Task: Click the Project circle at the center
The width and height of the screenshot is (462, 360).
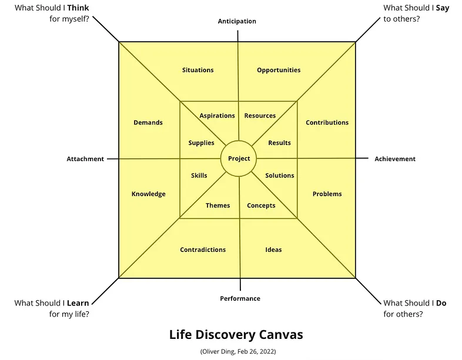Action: pyautogui.click(x=239, y=159)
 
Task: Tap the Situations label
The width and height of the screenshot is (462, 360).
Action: pyautogui.click(x=198, y=70)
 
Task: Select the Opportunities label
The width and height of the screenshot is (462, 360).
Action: pyautogui.click(x=279, y=70)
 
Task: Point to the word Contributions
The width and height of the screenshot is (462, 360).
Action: pyautogui.click(x=327, y=123)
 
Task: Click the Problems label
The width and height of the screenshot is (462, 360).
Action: pyautogui.click(x=327, y=194)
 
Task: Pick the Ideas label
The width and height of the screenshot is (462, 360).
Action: pyautogui.click(x=273, y=250)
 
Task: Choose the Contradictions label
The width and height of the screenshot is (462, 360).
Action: pyautogui.click(x=203, y=250)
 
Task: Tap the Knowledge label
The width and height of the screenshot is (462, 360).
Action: pyautogui.click(x=149, y=194)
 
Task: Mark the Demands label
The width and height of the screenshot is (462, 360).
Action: pyautogui.click(x=148, y=123)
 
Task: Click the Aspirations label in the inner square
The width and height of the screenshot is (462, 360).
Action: pyautogui.click(x=217, y=116)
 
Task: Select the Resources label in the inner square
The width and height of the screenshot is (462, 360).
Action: pyautogui.click(x=260, y=116)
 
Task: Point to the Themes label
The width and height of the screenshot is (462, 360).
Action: pyautogui.click(x=217, y=206)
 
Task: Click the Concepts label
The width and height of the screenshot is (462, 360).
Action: pyautogui.click(x=261, y=206)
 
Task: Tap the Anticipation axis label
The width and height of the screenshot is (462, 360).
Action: pyautogui.click(x=237, y=21)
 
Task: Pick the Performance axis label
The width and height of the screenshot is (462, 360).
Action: pyautogui.click(x=240, y=298)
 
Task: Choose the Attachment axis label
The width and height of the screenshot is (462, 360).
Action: pyautogui.click(x=85, y=159)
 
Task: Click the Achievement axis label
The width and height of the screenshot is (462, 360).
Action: pyautogui.click(x=395, y=159)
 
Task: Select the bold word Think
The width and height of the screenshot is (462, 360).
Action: pyautogui.click(x=78, y=8)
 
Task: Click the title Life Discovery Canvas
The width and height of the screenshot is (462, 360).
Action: pyautogui.click(x=236, y=335)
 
